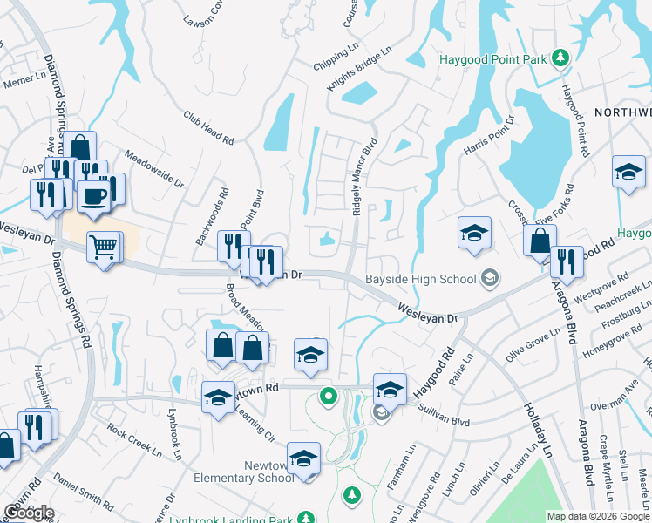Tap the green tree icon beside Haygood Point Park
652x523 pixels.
click(x=562, y=58)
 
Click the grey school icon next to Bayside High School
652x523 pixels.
click(x=491, y=278)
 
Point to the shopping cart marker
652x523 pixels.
click(x=105, y=248)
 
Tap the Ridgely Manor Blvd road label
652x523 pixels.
click(x=363, y=177)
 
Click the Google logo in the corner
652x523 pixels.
click(x=28, y=513)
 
